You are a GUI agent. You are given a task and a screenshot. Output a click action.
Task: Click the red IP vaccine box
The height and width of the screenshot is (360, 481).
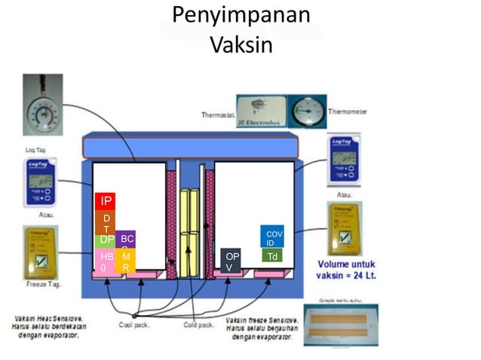coord(106,202)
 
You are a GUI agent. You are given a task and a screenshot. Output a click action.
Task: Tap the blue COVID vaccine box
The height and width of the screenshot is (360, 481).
coord(272,237)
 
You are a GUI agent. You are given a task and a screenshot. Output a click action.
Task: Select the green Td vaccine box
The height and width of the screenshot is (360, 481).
coord(272,256)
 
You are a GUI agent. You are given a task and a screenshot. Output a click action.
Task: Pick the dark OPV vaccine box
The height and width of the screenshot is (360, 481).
coord(231,261)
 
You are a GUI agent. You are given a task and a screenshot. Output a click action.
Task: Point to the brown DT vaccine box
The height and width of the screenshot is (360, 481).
coord(106,222)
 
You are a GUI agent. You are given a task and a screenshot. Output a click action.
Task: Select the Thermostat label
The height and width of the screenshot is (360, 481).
coord(217,115)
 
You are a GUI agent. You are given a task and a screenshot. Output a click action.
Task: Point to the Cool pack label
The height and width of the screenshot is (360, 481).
coord(135,325)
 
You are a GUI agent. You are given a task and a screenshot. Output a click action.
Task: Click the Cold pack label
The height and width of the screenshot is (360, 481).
coord(200,325)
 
